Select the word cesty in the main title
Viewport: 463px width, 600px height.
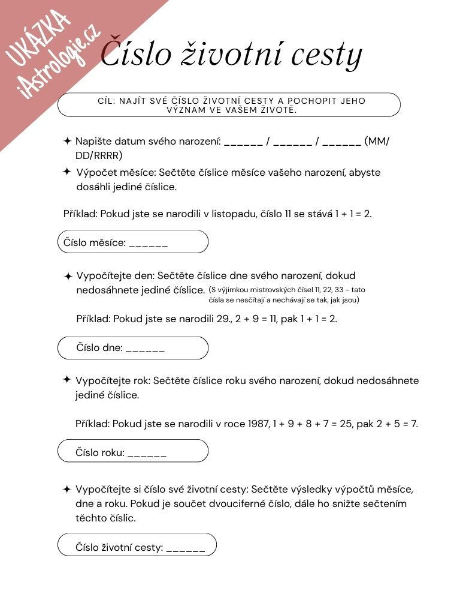(x=327, y=55)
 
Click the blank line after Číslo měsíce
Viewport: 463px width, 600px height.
(x=148, y=243)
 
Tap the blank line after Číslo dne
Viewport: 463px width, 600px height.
(x=145, y=348)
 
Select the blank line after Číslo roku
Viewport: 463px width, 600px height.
(x=147, y=453)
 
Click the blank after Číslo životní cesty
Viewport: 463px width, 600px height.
(x=185, y=548)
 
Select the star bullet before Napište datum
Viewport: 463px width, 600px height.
(x=67, y=141)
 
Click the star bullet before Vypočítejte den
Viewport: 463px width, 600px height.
(x=68, y=277)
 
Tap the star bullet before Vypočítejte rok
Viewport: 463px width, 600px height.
(x=67, y=380)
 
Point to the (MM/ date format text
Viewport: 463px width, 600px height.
(x=377, y=142)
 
